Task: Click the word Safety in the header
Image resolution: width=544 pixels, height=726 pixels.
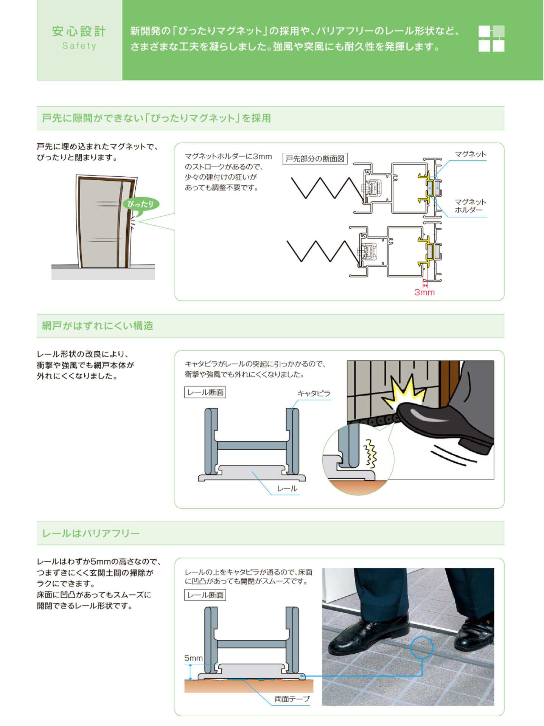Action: [79, 46]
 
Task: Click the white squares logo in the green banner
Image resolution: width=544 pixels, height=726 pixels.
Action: [491, 39]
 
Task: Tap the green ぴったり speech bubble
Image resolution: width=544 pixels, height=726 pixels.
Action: [141, 204]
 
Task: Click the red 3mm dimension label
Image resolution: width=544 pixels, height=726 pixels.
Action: [424, 292]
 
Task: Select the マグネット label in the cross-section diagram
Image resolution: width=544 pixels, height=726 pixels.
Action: [470, 154]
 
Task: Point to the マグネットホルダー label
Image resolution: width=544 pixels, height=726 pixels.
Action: [470, 206]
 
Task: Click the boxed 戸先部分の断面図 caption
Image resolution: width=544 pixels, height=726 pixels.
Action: [315, 159]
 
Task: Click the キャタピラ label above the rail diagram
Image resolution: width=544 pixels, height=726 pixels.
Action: [314, 393]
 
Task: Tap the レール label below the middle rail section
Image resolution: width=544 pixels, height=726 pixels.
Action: [287, 489]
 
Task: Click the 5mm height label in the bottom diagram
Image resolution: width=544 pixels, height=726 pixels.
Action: [193, 658]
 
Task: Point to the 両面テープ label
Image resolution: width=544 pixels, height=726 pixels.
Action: [292, 699]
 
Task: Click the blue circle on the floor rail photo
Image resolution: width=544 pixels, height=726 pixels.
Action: [421, 647]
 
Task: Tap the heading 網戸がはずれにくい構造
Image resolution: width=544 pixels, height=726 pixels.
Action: [98, 326]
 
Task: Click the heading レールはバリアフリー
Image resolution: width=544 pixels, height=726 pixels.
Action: [91, 533]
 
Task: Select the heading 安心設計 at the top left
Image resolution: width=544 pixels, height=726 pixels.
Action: [79, 31]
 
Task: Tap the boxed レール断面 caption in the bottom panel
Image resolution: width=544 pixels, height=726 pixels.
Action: [205, 595]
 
